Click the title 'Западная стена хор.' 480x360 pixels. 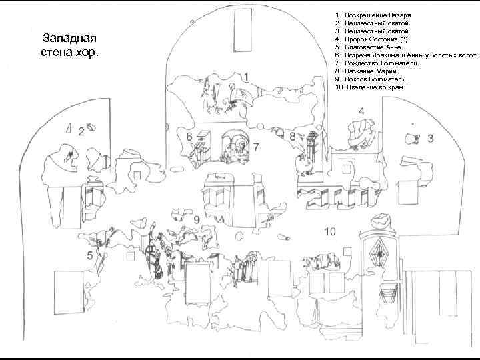click(x=69, y=45)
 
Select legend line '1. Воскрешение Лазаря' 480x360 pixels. click(x=373, y=14)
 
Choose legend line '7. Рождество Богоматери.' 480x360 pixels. click(x=377, y=63)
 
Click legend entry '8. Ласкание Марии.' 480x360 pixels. click(x=367, y=71)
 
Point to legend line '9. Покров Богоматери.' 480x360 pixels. click(x=371, y=79)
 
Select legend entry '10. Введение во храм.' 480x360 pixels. click(x=371, y=87)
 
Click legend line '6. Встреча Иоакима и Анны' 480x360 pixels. click(x=407, y=55)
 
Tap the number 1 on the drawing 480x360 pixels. click(x=247, y=77)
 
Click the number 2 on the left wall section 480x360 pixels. click(x=81, y=132)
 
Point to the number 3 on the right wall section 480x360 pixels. click(x=430, y=139)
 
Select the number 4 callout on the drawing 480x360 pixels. click(x=361, y=111)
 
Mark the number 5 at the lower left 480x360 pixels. click(x=89, y=255)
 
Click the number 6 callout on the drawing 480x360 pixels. click(x=189, y=137)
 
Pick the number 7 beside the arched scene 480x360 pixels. click(x=255, y=146)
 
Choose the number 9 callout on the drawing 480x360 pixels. click(x=196, y=221)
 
